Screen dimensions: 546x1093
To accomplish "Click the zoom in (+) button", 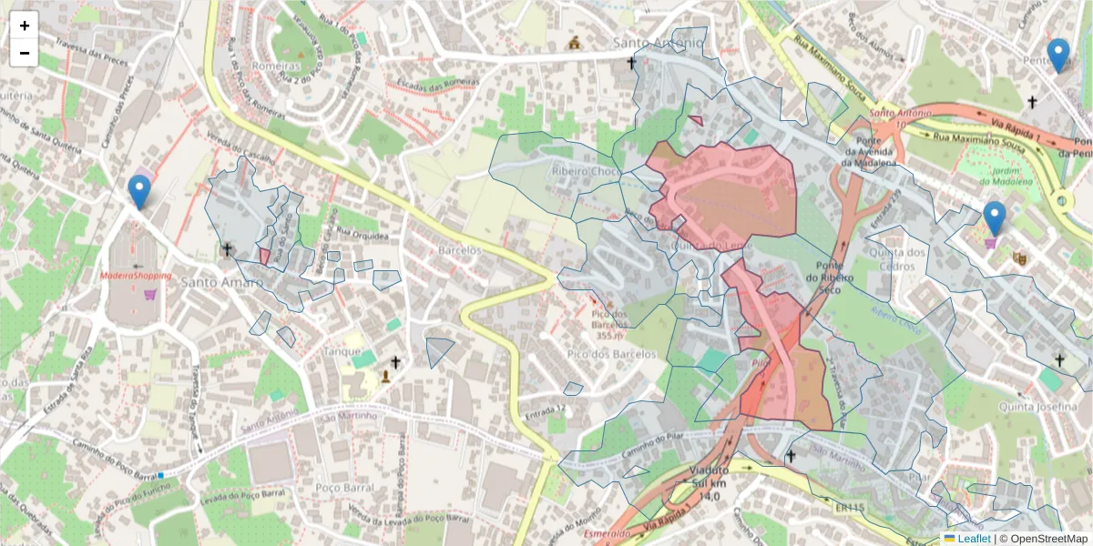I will pyautogui.click(x=25, y=25).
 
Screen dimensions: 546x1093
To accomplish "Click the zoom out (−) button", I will pyautogui.click(x=25, y=53).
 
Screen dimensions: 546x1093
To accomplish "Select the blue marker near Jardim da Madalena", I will pyautogui.click(x=995, y=219).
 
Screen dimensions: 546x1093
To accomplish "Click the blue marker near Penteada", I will pyautogui.click(x=1057, y=56).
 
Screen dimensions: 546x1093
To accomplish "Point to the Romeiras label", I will pyautogui.click(x=276, y=66).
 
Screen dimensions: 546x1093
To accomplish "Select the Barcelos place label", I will pyautogui.click(x=458, y=249).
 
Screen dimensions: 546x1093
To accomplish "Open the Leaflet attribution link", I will pyautogui.click(x=974, y=538).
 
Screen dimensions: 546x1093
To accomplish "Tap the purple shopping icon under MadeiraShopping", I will pyautogui.click(x=149, y=294).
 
